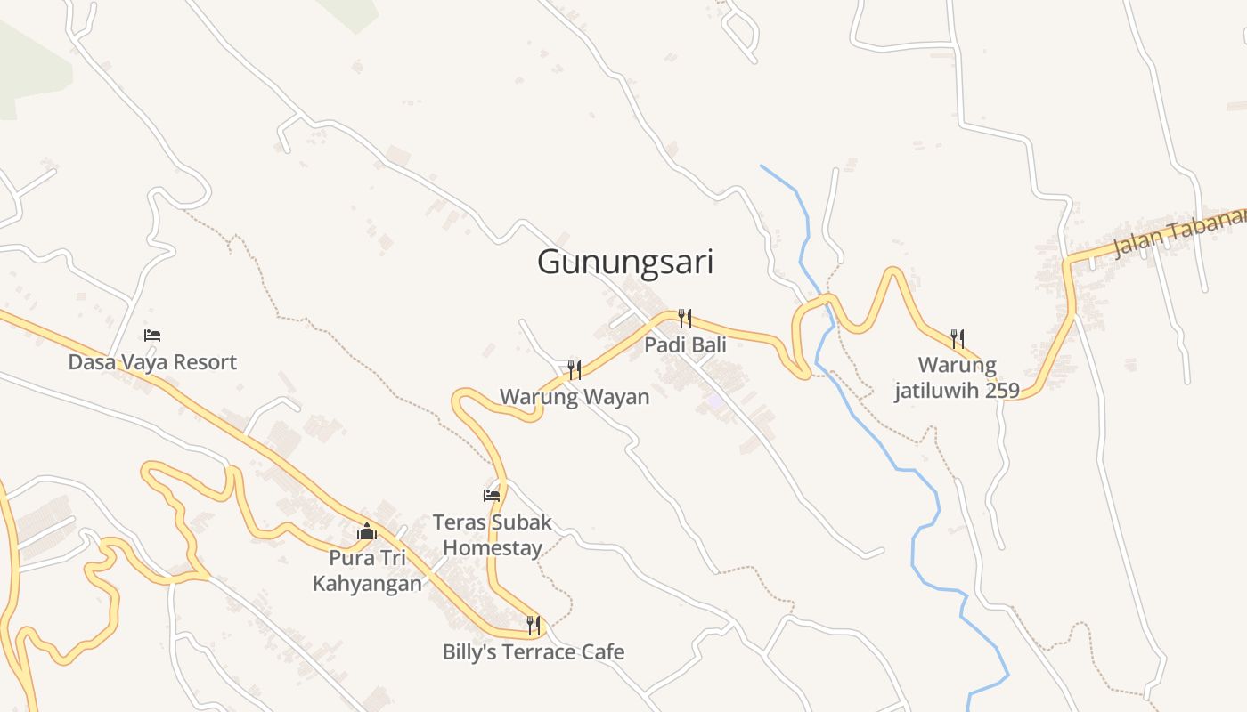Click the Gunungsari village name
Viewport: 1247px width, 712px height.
coord(625,263)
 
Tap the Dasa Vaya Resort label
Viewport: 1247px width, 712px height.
coord(152,362)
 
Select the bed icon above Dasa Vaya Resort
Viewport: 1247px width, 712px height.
coord(152,336)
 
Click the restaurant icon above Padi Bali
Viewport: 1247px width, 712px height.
coord(685,318)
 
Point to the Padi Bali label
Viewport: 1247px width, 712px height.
coord(685,344)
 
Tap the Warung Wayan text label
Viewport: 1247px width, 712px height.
coord(575,396)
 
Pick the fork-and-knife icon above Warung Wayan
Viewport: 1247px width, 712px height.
coord(575,369)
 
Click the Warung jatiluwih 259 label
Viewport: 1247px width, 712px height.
coord(958,377)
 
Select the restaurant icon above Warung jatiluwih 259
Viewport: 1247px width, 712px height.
coord(958,337)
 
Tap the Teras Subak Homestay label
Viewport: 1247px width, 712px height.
coord(493,535)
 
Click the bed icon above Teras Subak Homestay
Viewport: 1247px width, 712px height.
coord(492,495)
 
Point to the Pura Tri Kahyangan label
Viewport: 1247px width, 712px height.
coord(367,570)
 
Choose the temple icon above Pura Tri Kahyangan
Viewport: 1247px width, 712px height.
coord(367,531)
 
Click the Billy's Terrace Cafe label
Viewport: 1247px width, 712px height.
coord(534,652)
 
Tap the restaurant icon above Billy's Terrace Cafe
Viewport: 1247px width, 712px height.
coord(534,625)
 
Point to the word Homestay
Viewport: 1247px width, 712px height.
coord(493,547)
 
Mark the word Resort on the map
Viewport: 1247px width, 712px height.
coord(207,362)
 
